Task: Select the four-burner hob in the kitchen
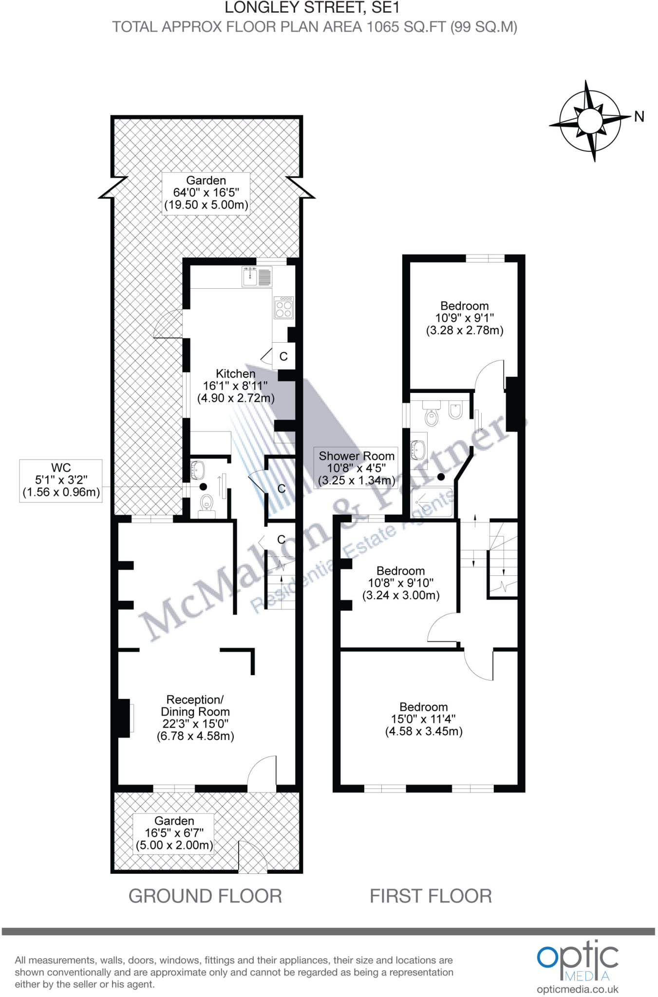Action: [283, 308]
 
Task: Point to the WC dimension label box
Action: [61, 480]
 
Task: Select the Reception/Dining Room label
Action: [195, 718]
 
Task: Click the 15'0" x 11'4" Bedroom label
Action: [424, 719]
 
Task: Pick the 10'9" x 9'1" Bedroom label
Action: [465, 318]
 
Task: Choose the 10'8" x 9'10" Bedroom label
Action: [401, 583]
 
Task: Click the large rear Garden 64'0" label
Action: [206, 192]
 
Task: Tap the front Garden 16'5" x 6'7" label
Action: [174, 833]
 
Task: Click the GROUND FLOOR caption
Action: [205, 896]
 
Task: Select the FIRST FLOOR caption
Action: [431, 896]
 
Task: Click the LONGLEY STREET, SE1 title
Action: [312, 7]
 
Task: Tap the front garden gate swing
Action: [252, 856]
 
